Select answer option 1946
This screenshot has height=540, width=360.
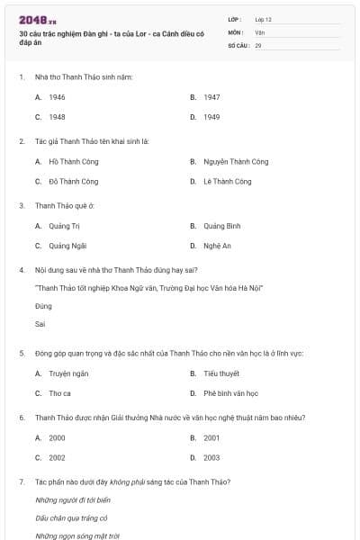[57, 96]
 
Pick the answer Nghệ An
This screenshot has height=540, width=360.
[217, 246]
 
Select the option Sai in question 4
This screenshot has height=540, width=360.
[40, 324]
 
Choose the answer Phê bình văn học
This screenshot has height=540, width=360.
[231, 393]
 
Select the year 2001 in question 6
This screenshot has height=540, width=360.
[211, 437]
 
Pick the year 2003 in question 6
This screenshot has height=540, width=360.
[211, 458]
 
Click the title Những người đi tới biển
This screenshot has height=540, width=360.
[72, 499]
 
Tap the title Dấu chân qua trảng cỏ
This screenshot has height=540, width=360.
[71, 517]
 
